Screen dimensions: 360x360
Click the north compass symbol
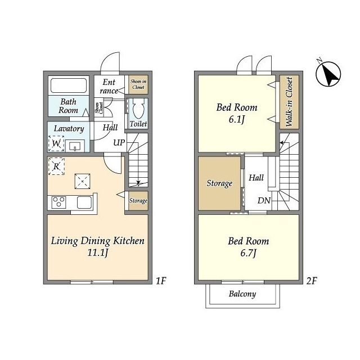pyautogui.click(x=328, y=74)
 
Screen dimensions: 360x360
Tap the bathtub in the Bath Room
pyautogui.click(x=69, y=85)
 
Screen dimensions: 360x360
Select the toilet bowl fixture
pyautogui.click(x=138, y=109)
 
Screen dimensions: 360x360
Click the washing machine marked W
pyautogui.click(x=56, y=143)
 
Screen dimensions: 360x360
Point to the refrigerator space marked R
pyautogui.click(x=56, y=166)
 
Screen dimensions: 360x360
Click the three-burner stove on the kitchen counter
pyautogui.click(x=58, y=202)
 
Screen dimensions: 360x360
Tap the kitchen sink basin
pyautogui.click(x=84, y=202)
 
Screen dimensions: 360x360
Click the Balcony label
pyautogui.click(x=242, y=294)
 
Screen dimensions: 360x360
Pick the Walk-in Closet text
pyautogui.click(x=289, y=102)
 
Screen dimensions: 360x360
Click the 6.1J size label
pyautogui.click(x=237, y=119)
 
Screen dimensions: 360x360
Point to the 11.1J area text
pyautogui.click(x=97, y=253)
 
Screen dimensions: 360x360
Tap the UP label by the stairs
pyautogui.click(x=119, y=142)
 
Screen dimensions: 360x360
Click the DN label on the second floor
pyautogui.click(x=264, y=201)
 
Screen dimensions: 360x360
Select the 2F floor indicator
pyautogui.click(x=312, y=281)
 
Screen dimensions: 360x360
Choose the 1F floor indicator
pyautogui.click(x=161, y=281)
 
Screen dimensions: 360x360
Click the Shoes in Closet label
pyautogui.click(x=138, y=84)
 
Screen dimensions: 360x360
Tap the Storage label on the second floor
pyautogui.click(x=219, y=183)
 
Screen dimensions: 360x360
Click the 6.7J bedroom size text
pyautogui.click(x=248, y=253)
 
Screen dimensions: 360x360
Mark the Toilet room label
pyautogui.click(x=138, y=124)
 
